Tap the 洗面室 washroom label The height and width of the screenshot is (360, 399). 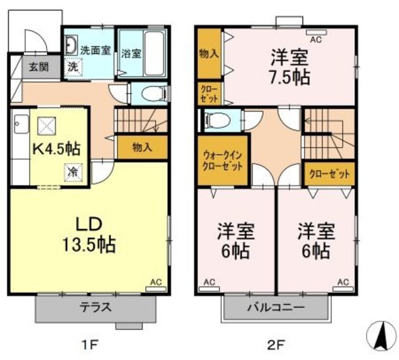pyautogui.click(x=95, y=51)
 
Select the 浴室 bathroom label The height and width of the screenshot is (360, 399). pyautogui.click(x=132, y=54)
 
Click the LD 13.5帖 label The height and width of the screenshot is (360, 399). pyautogui.click(x=88, y=234)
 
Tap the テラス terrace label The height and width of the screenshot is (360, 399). pyautogui.click(x=95, y=307)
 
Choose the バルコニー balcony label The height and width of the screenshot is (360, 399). pyautogui.click(x=275, y=308)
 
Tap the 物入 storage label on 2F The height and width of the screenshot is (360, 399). pyautogui.click(x=208, y=54)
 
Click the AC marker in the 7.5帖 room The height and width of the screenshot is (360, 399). pyautogui.click(x=314, y=39)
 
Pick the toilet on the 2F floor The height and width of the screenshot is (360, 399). pyautogui.click(x=216, y=119)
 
